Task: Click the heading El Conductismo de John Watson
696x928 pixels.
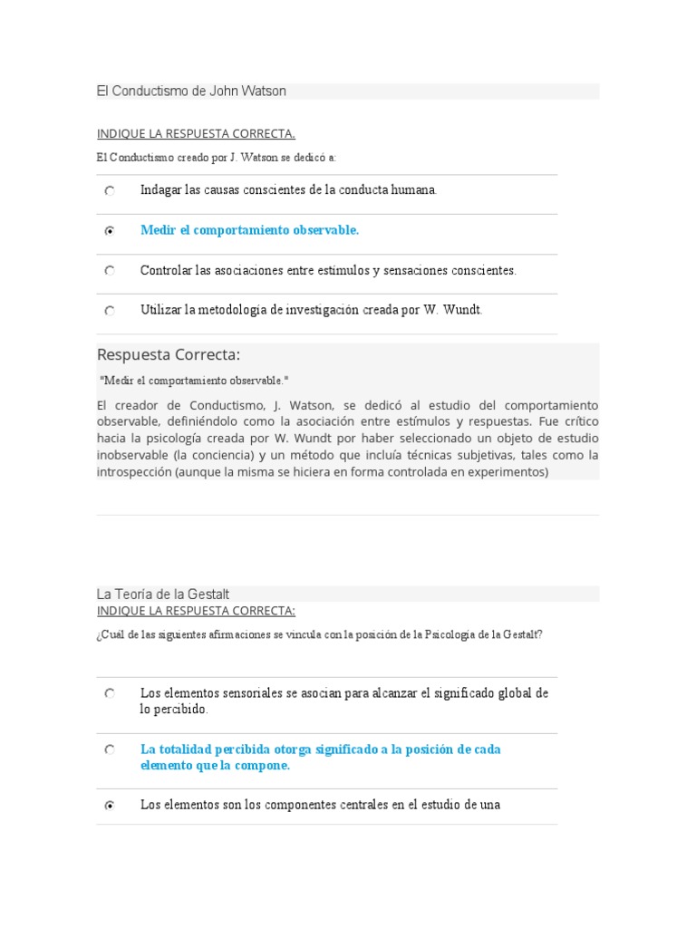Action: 191,92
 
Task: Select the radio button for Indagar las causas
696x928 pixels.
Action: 110,191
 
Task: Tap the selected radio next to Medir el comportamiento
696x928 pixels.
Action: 110,231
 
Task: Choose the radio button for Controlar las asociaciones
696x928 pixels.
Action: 110,271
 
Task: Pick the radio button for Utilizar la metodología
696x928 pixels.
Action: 110,311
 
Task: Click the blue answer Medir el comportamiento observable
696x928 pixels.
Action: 249,230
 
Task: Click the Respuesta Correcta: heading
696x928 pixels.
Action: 169,354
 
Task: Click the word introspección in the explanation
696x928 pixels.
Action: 134,472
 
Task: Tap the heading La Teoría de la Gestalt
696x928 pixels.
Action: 163,594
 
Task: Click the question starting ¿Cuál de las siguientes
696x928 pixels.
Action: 319,634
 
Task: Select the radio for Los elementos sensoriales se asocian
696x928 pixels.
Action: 110,693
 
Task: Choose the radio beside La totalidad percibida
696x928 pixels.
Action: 110,750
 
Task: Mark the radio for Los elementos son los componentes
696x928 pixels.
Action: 110,806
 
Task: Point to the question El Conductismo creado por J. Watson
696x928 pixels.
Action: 217,158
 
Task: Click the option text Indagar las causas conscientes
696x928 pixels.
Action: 288,190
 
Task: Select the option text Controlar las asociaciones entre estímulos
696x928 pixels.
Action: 328,270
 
